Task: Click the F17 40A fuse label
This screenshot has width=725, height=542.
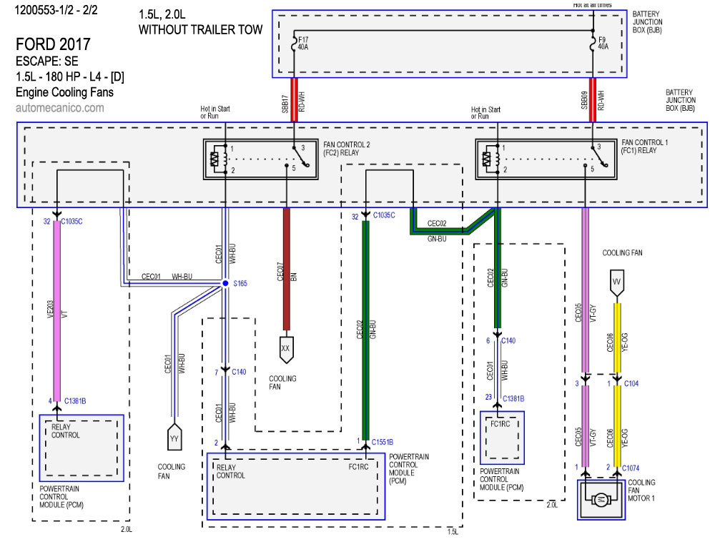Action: [302, 44]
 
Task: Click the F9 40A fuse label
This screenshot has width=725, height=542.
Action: [603, 44]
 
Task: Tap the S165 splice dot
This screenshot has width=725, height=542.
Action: [225, 284]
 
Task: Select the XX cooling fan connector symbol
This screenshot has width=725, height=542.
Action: [286, 347]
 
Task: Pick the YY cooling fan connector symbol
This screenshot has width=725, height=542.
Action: [174, 437]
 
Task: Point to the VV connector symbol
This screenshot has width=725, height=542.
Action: [616, 282]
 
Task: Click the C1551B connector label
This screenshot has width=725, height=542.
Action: [382, 442]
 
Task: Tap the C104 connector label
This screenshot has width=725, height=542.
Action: [631, 384]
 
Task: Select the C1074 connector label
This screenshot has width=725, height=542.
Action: [633, 467]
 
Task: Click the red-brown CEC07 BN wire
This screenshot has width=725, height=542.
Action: [287, 272]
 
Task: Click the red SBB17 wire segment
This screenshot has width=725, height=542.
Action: [293, 100]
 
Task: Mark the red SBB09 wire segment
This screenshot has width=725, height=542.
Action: [593, 100]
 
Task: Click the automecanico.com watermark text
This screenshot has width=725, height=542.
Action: [59, 108]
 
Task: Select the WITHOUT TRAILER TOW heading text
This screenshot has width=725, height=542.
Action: [200, 29]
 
